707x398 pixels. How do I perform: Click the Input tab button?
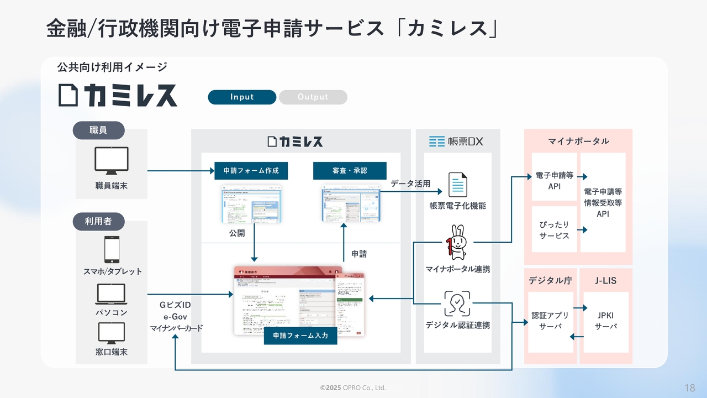point(242,97)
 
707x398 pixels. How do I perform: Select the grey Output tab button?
point(313,97)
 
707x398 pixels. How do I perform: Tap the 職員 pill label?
point(98,130)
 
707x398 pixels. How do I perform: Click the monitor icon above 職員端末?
point(112,161)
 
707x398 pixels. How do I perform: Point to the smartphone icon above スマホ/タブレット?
point(112,250)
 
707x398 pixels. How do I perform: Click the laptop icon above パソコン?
point(112,294)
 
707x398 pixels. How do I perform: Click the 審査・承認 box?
point(350,171)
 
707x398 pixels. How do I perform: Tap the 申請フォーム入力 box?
point(300,336)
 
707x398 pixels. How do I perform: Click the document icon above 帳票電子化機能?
point(458,185)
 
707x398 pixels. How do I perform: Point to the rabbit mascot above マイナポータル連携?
point(458,242)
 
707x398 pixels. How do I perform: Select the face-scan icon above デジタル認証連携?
point(457,303)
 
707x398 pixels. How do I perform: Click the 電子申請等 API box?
point(554,181)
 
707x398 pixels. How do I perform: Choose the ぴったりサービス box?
point(554,230)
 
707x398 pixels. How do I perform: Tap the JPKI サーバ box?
point(606,321)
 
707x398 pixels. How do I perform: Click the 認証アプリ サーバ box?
point(550,321)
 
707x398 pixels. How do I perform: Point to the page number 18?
point(689,387)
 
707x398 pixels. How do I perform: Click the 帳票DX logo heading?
point(456,142)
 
